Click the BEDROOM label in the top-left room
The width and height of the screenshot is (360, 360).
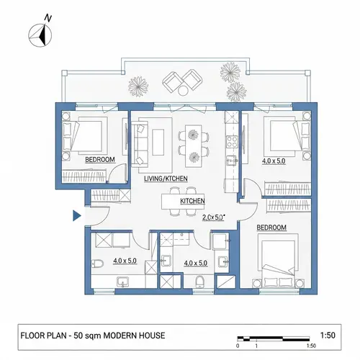[100, 159]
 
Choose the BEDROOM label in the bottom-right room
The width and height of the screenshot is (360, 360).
[271, 228]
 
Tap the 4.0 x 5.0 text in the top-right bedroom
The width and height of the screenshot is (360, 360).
[274, 161]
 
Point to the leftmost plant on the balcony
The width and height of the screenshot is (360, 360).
[138, 86]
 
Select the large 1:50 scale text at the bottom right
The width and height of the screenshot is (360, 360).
[327, 336]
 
